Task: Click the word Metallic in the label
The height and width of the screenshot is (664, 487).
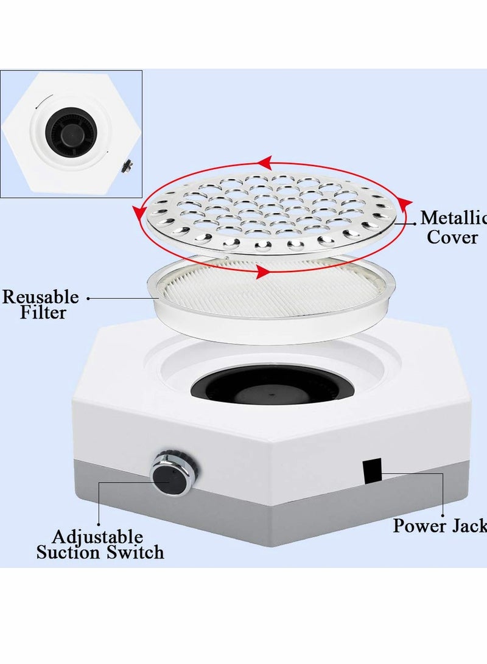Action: pos(453,217)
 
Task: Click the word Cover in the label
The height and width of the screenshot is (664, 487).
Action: pos(452,237)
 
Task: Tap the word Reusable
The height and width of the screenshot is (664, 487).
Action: pos(41,298)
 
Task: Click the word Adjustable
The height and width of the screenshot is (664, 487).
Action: pos(97,537)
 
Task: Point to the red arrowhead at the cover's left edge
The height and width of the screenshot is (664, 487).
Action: pos(139,211)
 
